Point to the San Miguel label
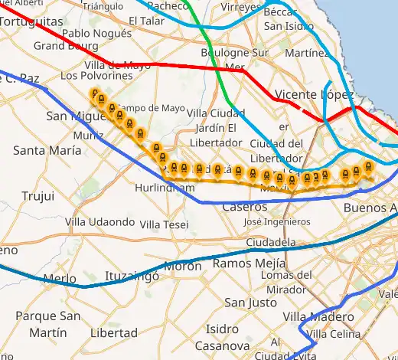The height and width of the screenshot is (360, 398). pyautogui.click(x=73, y=116)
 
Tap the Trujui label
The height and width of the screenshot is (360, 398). pyautogui.click(x=38, y=196)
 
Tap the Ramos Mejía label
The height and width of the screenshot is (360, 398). pyautogui.click(x=243, y=263)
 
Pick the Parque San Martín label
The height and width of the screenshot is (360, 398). pyautogui.click(x=47, y=324)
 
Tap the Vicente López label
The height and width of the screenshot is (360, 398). pyautogui.click(x=314, y=95)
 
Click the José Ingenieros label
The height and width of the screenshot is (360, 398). pyautogui.click(x=276, y=222)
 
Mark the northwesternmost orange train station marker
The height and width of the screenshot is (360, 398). pyautogui.click(x=96, y=95)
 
